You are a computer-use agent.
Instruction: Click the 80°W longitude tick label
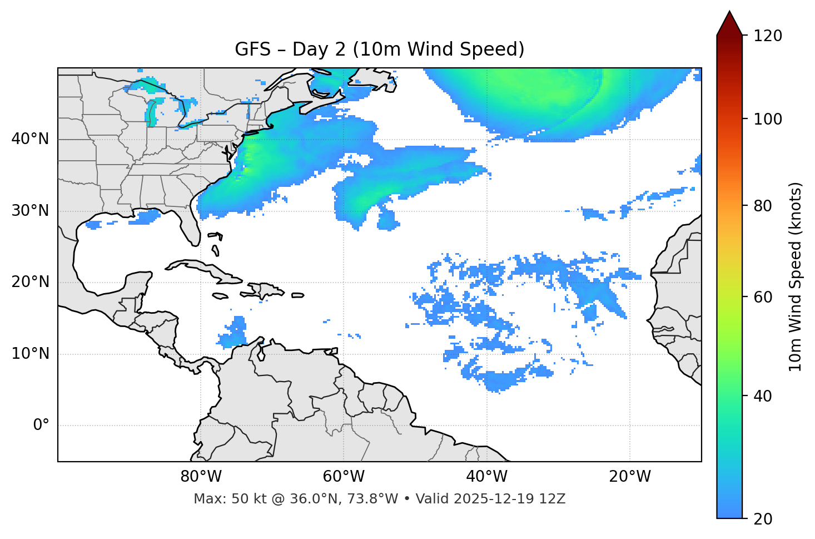coord(201,477)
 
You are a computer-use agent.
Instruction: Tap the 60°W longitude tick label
coord(344,477)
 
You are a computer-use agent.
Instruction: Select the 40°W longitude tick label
coord(486,477)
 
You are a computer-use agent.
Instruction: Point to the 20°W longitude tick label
coord(630,477)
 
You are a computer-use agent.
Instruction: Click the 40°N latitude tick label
coord(30,139)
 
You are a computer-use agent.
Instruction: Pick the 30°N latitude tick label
coord(30,211)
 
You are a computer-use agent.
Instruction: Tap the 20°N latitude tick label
coord(30,282)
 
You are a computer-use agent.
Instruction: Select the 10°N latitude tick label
coord(30,354)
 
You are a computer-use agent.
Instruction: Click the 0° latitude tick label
coord(41,426)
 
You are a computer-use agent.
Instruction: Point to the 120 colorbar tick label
coord(768,36)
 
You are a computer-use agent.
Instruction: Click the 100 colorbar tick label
coord(768,119)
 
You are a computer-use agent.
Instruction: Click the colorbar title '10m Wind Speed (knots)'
coord(796,277)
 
